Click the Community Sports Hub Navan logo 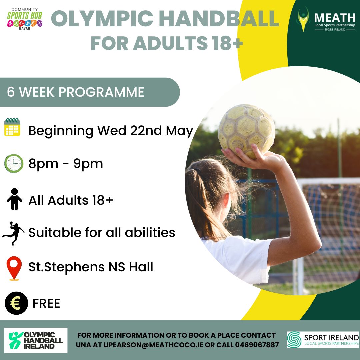pyautogui.click(x=25, y=19)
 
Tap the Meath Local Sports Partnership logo pyautogui.click(x=326, y=20)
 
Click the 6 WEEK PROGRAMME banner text pyautogui.click(x=76, y=92)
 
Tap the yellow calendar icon pyautogui.click(x=12, y=127)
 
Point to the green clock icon pyautogui.click(x=14, y=163)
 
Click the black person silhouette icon pyautogui.click(x=14, y=199)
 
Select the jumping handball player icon pyautogui.click(x=13, y=233)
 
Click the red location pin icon pyautogui.click(x=14, y=268)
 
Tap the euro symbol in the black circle pyautogui.click(x=16, y=303)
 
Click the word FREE pyautogui.click(x=46, y=303)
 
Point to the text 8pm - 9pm pyautogui.click(x=66, y=163)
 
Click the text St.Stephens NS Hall pyautogui.click(x=91, y=267)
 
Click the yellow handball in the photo pyautogui.click(x=247, y=131)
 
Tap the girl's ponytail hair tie pyautogui.click(x=196, y=171)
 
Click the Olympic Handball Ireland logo pyautogui.click(x=36, y=340)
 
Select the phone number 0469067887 pyautogui.click(x=257, y=345)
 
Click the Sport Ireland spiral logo pyautogui.click(x=294, y=340)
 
